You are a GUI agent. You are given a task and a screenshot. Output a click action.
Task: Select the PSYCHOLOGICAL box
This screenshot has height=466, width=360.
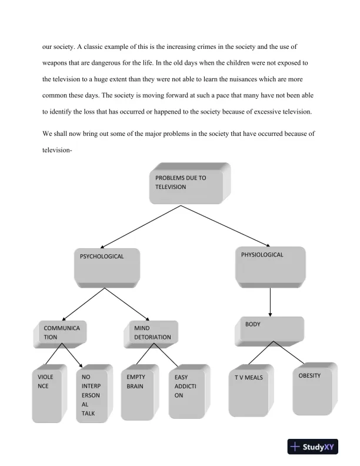tap(107, 267)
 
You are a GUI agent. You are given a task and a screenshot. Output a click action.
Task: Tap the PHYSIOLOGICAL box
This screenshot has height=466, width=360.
tap(269, 265)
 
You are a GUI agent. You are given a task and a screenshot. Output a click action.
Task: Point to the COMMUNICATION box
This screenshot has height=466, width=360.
tap(62, 332)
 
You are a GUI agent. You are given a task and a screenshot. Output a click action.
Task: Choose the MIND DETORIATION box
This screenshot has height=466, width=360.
tap(152, 333)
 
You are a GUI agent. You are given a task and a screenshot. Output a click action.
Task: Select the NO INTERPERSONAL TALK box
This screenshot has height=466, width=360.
tap(94, 394)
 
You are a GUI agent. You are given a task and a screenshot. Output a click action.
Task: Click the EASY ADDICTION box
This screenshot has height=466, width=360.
tap(187, 392)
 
